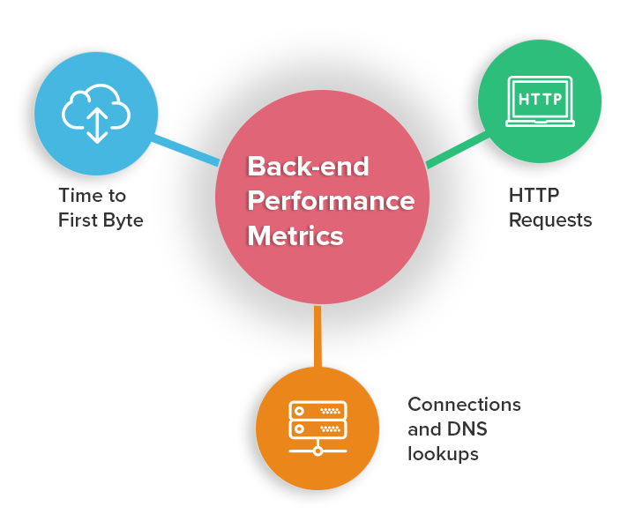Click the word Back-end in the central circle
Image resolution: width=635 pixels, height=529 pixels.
[308, 166]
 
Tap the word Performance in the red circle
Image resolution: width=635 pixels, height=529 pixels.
[330, 201]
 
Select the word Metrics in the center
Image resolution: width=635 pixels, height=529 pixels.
[295, 236]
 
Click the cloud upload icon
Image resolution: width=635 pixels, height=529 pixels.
[96, 113]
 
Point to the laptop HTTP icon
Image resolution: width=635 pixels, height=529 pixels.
[540, 101]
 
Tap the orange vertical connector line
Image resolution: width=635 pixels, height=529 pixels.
[317, 336]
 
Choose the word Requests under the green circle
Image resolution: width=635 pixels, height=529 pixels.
[550, 220]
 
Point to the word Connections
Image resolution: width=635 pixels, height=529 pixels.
[464, 405]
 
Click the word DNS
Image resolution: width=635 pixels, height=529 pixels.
[467, 429]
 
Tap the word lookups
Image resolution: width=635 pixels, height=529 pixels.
[443, 454]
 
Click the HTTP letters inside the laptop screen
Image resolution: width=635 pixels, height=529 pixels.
[540, 99]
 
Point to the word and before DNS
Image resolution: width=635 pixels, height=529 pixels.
[424, 429]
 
